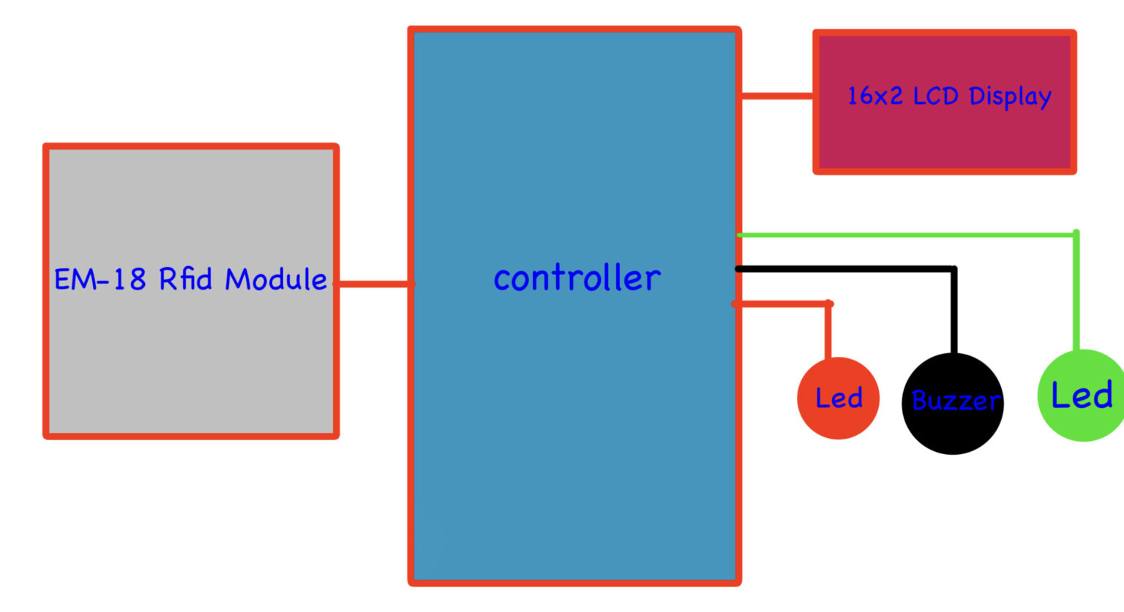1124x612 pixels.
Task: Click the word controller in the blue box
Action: click(x=577, y=279)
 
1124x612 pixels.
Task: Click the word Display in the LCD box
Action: click(x=1010, y=97)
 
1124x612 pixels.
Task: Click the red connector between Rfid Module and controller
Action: click(x=373, y=284)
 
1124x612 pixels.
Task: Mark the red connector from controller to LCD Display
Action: click(x=776, y=96)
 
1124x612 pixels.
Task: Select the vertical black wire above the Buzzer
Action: click(x=953, y=311)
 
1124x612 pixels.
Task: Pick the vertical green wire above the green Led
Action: click(x=1076, y=292)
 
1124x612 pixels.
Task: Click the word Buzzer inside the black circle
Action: click(x=955, y=401)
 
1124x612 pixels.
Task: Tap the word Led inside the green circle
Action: click(x=1082, y=396)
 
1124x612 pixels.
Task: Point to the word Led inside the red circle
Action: click(x=839, y=398)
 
